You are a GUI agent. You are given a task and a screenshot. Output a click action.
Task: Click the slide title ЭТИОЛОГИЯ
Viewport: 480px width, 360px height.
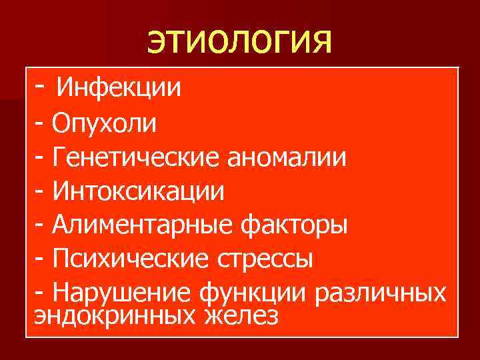(239, 43)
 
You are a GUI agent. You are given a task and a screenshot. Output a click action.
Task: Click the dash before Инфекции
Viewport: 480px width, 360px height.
(41, 86)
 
